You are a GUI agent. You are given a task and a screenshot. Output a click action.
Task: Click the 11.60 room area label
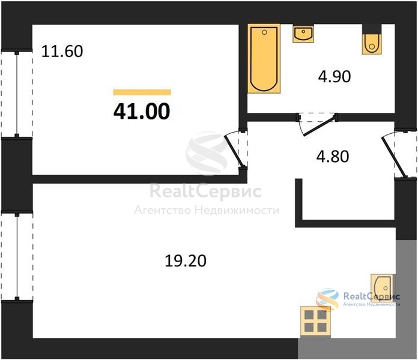click(x=62, y=52)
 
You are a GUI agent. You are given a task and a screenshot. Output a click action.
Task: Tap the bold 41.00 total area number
click(x=142, y=112)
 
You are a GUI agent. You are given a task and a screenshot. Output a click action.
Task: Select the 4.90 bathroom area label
click(x=335, y=77)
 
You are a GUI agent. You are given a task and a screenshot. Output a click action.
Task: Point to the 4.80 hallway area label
click(x=333, y=157)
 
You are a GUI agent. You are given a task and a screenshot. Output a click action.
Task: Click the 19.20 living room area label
click(x=186, y=260)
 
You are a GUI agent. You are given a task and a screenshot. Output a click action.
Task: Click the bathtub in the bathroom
click(x=264, y=59)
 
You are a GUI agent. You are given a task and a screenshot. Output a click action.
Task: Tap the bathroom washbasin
click(x=303, y=34)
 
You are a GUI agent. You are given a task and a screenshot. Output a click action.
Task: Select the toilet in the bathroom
click(x=372, y=43)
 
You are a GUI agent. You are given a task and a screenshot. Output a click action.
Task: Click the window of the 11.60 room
click(x=17, y=94)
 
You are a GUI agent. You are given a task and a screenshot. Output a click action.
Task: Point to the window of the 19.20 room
click(x=17, y=257)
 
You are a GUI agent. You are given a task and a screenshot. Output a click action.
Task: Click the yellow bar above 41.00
click(x=142, y=92)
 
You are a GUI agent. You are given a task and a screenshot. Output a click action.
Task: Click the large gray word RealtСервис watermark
click(x=205, y=191)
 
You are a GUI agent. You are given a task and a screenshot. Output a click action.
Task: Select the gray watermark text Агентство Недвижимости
click(x=207, y=211)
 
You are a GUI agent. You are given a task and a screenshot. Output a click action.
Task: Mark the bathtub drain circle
click(x=264, y=32)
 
